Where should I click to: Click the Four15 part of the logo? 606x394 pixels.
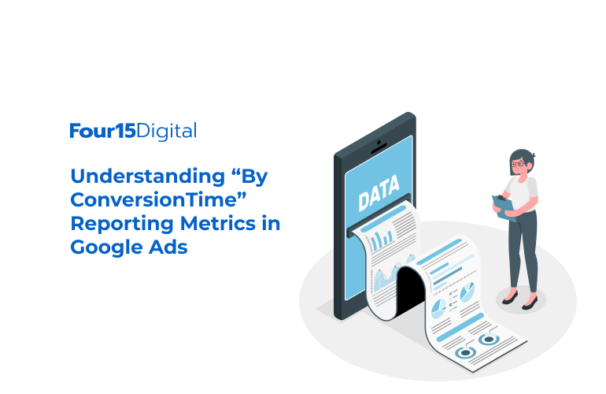tap(103, 131)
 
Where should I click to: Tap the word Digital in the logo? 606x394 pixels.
tap(167, 132)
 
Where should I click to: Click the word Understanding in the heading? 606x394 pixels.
tap(148, 177)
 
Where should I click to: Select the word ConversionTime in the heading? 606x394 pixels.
tap(153, 199)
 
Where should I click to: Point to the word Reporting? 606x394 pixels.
tap(122, 225)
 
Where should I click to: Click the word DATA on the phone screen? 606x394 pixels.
tap(379, 193)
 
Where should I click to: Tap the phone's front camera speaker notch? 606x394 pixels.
tap(379, 147)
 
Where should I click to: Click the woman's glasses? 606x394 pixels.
tap(519, 164)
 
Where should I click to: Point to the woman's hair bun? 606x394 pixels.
tap(533, 155)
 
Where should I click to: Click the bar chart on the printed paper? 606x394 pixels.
tap(382, 239)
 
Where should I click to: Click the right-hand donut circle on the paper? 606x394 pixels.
tap(489, 340)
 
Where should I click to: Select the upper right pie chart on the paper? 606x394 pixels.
tap(467, 292)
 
